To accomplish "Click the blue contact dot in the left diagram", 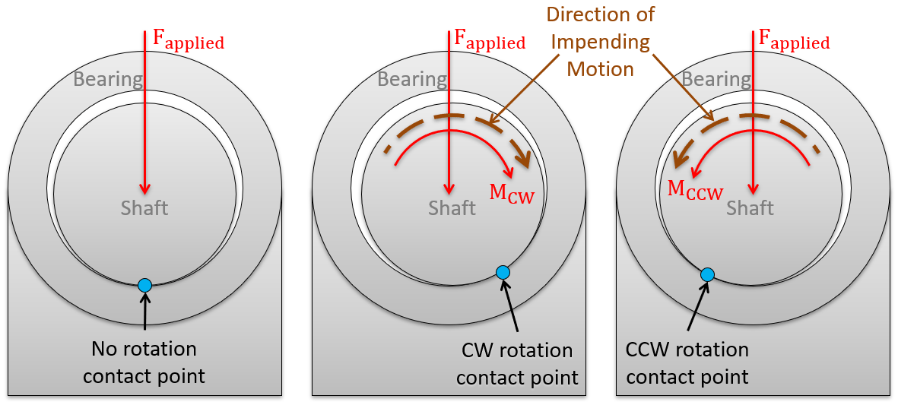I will click(x=144, y=285).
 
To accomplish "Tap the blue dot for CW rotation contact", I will click(x=502, y=272).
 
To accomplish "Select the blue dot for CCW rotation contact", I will click(x=707, y=274).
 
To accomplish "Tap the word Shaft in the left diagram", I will click(x=144, y=207).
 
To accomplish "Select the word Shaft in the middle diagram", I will click(x=452, y=207).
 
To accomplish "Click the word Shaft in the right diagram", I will click(x=750, y=207).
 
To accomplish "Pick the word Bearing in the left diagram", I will click(x=108, y=79).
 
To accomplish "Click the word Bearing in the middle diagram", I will click(x=412, y=79).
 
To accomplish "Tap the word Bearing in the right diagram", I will click(x=716, y=79).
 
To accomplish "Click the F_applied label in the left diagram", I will click(x=189, y=40).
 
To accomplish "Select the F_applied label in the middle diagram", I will click(x=489, y=40).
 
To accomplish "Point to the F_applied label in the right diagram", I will click(x=793, y=40).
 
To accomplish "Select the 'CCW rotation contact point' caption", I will click(x=687, y=362).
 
